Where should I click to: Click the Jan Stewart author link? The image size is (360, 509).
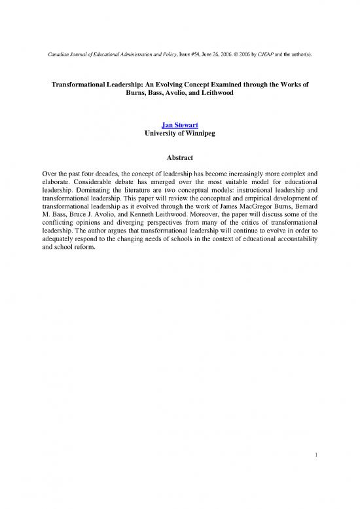[180, 126]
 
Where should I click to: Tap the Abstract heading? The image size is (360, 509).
[180, 157]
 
